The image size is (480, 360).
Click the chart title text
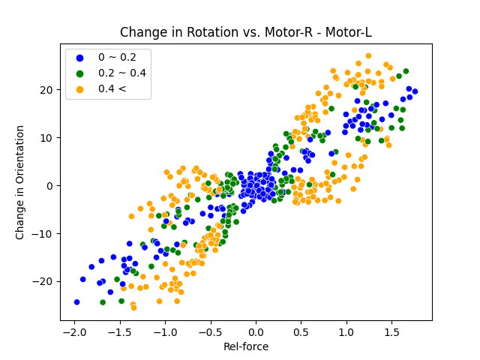tap(246, 33)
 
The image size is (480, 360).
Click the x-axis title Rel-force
tap(246, 346)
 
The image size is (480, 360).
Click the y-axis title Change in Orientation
tap(20, 182)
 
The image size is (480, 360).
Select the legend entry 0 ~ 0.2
tap(116, 58)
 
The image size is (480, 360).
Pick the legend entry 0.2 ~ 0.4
tap(122, 73)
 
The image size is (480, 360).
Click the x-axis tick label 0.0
tap(256, 332)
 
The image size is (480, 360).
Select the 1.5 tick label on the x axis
tap(392, 332)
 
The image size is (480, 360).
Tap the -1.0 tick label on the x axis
tap(164, 332)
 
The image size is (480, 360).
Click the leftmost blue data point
tap(76, 302)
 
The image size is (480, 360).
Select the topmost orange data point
tap(368, 55)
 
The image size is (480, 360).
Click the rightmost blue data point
tap(415, 91)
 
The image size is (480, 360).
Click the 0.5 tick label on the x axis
tap(301, 332)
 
